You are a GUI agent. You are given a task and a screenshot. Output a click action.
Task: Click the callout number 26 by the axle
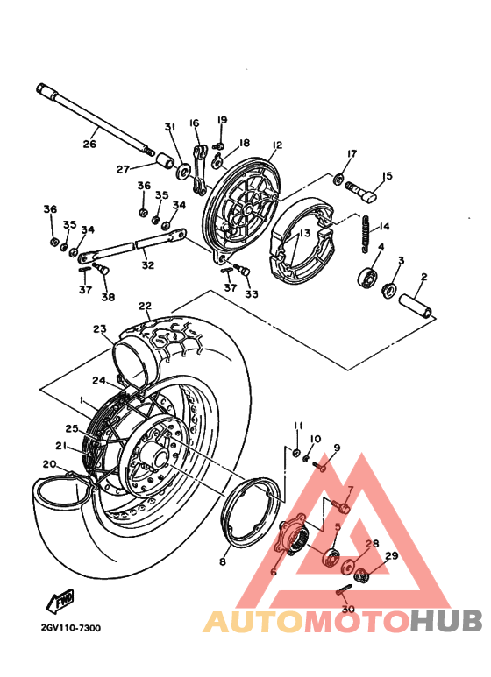click(89, 145)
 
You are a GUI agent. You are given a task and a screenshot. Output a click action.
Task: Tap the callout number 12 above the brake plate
click(277, 145)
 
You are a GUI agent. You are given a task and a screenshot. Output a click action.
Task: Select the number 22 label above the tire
click(145, 307)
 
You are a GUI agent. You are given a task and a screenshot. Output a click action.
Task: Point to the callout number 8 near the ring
click(223, 561)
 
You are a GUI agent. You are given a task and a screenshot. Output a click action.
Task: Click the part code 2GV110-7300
click(70, 628)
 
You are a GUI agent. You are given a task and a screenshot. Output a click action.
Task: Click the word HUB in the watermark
click(447, 621)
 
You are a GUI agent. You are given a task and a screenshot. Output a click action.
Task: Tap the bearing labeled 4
click(365, 280)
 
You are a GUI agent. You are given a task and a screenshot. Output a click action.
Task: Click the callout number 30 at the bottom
click(348, 610)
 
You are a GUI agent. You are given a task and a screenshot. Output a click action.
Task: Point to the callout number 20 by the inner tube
click(49, 464)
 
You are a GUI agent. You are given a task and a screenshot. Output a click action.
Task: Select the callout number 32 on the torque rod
click(147, 264)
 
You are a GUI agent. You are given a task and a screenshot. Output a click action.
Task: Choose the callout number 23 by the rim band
click(99, 329)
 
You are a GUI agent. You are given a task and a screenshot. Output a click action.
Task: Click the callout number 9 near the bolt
click(336, 448)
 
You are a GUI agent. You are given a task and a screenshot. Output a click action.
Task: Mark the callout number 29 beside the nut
click(391, 556)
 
